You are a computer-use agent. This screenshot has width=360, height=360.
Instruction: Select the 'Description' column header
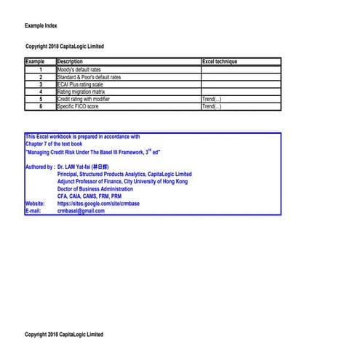[70, 62]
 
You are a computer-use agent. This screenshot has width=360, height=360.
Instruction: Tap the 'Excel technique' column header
[220, 62]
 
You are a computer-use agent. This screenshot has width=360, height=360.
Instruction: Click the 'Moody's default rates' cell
[79, 70]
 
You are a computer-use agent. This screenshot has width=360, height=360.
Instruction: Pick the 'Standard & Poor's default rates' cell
[89, 77]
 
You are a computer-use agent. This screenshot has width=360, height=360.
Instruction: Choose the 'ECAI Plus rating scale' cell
[81, 84]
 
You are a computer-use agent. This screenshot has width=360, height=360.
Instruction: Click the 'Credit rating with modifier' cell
[84, 100]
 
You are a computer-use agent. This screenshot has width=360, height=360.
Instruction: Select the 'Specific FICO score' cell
[78, 107]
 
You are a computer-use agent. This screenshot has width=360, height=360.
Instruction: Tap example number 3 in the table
[41, 84]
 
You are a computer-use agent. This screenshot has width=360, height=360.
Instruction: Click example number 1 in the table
[41, 70]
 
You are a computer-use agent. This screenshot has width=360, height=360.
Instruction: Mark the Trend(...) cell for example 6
[212, 107]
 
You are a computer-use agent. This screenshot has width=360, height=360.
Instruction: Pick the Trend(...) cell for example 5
[212, 100]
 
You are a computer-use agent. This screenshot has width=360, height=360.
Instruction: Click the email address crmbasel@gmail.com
[86, 211]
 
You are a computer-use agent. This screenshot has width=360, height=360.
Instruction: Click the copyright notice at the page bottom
[64, 335]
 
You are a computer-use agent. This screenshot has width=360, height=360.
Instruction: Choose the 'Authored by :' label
[39, 167]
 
